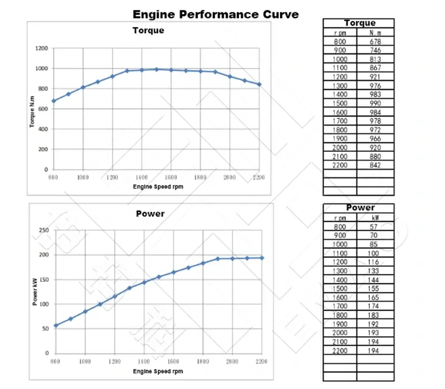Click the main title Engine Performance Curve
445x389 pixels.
[215, 13]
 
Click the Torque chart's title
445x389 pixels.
[148, 31]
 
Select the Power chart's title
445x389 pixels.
[150, 213]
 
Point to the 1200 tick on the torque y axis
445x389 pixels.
[42, 48]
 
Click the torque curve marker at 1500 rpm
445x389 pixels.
[156, 69]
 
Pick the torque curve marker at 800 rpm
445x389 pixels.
[53, 101]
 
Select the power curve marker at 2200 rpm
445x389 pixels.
[262, 258]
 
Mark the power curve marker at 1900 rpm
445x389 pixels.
[217, 259]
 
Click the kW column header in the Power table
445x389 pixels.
[374, 218]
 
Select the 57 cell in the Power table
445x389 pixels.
[374, 227]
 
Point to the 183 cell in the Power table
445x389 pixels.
[374, 315]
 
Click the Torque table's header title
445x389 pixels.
[359, 23]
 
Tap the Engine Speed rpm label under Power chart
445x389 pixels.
[158, 371]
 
